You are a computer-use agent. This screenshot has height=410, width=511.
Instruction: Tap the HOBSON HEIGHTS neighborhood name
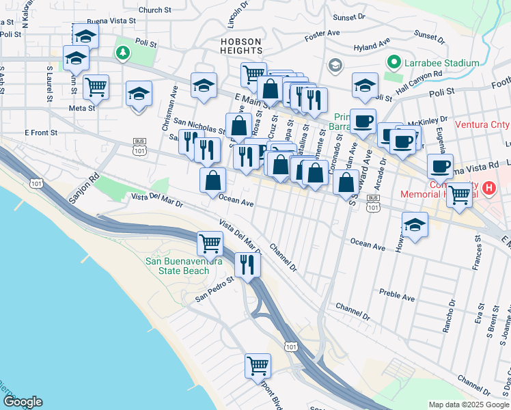coord(240,46)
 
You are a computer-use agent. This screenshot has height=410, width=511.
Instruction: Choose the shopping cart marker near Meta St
coord(96,86)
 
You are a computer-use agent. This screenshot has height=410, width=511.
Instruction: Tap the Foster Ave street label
coord(323,33)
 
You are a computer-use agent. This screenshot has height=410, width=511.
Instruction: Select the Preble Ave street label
coord(398,297)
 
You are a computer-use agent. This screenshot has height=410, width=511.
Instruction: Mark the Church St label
coord(154,10)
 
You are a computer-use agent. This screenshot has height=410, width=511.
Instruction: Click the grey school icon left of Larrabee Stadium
coord(335,65)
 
